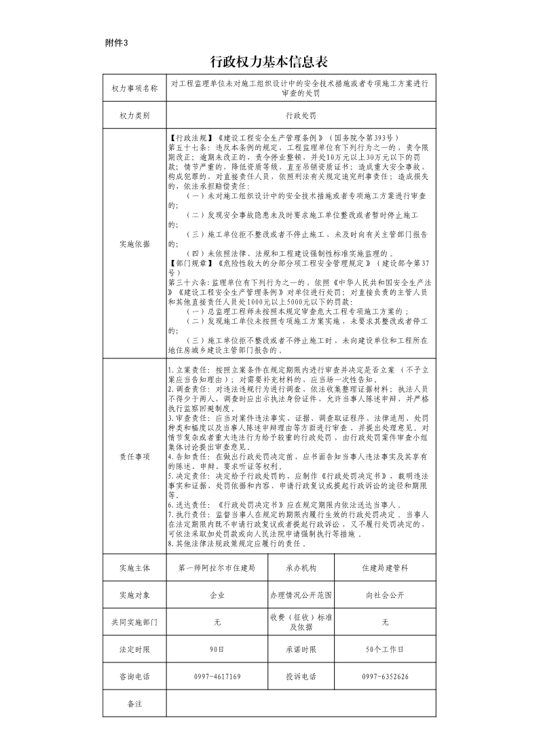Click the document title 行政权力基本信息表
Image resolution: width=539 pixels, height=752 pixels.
tap(269, 62)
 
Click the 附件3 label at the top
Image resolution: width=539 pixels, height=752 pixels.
tap(116, 43)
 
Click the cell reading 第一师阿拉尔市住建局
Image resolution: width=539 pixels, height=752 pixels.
tap(217, 567)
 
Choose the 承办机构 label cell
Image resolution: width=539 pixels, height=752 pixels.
tap(301, 567)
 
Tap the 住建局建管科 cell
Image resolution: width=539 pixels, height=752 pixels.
tap(385, 567)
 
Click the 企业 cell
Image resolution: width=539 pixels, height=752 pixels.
tap(217, 595)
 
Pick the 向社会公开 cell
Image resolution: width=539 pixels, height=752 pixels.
tap(385, 595)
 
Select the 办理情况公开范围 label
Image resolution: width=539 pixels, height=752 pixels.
tap(301, 595)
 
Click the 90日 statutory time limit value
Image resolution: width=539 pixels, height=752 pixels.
tap(217, 650)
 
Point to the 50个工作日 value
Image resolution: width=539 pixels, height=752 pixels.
tap(385, 650)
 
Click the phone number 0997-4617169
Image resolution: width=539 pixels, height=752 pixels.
tap(217, 677)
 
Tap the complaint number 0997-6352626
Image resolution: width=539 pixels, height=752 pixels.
tap(385, 677)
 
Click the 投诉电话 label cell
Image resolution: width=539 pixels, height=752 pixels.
tap(301, 677)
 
